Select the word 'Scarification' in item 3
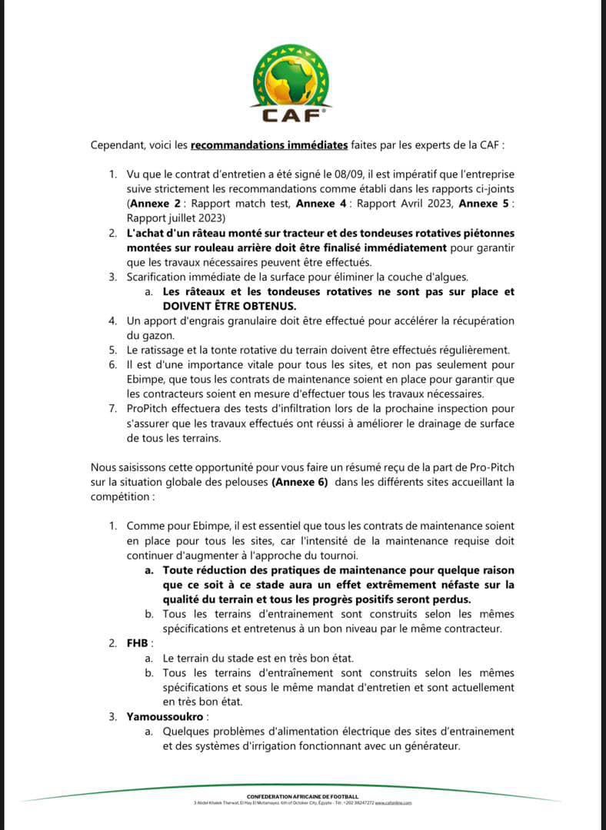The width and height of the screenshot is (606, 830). coord(162,278)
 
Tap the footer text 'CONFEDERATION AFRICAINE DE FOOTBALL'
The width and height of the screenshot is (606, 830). coord(303,796)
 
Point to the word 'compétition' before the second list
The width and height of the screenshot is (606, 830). coord(121,496)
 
